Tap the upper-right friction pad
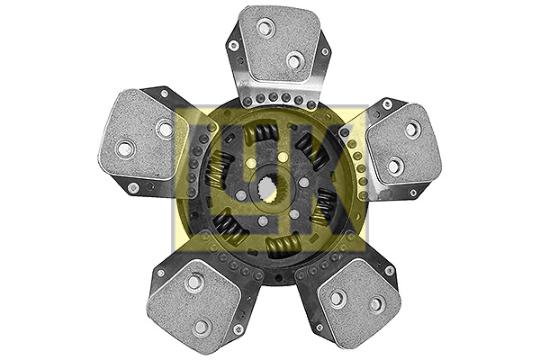[x=402, y=143]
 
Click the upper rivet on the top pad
[x=265, y=28]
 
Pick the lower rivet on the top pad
[x=294, y=60]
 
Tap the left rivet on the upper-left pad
[x=125, y=148]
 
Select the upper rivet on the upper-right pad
[x=411, y=130]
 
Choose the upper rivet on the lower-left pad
[x=193, y=283]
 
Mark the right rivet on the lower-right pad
[x=376, y=304]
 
